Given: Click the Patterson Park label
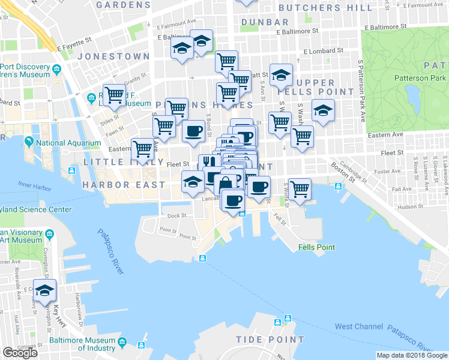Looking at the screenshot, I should point(420,78).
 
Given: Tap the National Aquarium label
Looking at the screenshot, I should point(67,143).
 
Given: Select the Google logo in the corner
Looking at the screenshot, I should point(20,352).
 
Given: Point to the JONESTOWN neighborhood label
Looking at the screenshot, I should point(113,56).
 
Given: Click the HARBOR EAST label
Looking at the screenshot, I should point(124,184).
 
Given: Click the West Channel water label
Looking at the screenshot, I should point(358,326).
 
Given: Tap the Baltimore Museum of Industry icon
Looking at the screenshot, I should point(122,342).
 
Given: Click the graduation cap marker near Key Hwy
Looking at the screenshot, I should point(44,290).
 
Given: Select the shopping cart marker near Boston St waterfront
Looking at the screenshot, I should point(300,189).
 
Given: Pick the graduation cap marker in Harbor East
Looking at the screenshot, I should point(193,182).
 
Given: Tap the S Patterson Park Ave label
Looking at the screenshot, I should point(361,84).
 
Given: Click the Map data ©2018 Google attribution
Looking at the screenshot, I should point(412,355).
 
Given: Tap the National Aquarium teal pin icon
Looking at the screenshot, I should point(28,142).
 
